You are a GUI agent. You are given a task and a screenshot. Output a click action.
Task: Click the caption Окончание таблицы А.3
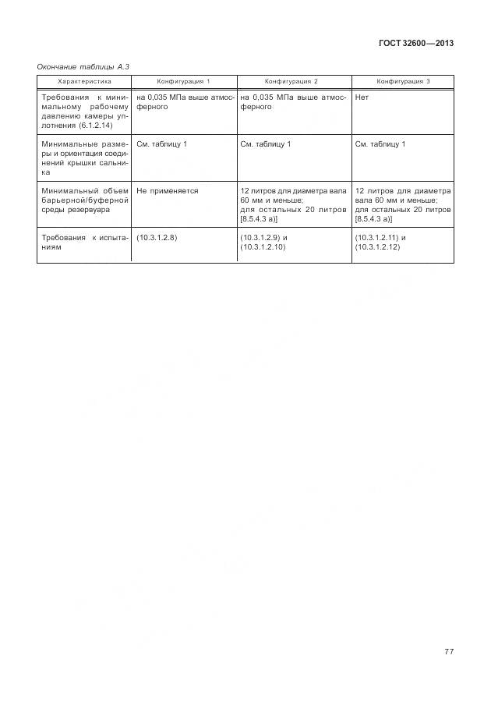point(83,68)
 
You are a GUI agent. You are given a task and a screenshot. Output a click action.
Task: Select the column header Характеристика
point(84,81)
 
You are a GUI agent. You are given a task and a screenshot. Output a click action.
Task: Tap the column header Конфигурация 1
point(184,81)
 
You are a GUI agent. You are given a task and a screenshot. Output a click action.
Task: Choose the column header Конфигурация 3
point(403,81)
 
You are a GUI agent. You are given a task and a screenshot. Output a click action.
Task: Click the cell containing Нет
point(362,97)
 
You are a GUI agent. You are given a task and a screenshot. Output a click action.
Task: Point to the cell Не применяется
point(168,190)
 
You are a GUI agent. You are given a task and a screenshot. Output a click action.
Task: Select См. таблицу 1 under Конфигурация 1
point(161,144)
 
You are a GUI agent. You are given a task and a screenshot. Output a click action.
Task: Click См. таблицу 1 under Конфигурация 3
point(380,144)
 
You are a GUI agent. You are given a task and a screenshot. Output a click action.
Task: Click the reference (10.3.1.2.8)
point(157,237)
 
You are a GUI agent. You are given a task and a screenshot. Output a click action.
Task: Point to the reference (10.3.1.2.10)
point(263,246)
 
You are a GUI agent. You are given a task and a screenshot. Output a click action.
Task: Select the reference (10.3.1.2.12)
point(377,246)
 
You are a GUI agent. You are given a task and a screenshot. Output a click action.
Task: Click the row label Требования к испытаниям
point(83,242)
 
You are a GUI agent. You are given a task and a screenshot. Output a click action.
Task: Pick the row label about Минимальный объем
point(83,200)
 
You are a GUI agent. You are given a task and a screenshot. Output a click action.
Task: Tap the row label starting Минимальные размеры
point(83,158)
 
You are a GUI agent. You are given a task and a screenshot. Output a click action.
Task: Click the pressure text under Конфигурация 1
point(185,102)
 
